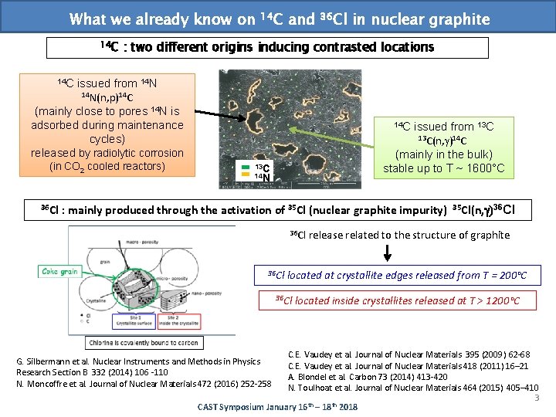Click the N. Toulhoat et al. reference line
tap(413, 387)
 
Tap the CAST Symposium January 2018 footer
tap(278, 406)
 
